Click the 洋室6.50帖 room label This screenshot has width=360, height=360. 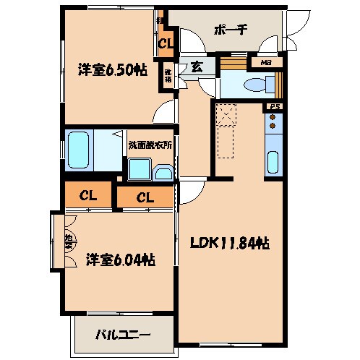(x=108, y=70)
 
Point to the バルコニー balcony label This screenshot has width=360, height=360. (x=124, y=335)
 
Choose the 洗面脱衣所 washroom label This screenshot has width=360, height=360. (x=150, y=145)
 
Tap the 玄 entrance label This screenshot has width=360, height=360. (x=196, y=67)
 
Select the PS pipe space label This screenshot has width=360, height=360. (x=274, y=108)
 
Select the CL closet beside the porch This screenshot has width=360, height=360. (x=166, y=45)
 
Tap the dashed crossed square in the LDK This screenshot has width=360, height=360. (x=228, y=115)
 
